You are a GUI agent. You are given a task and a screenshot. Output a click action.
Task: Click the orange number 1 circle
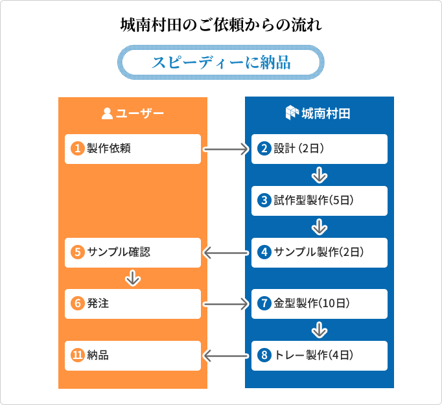(78, 148)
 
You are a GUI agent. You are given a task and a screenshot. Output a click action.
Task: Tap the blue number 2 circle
(264, 148)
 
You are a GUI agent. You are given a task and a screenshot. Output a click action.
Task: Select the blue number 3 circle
(264, 200)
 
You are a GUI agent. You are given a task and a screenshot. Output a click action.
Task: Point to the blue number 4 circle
(264, 252)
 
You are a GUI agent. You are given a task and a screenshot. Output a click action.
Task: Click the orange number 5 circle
(78, 252)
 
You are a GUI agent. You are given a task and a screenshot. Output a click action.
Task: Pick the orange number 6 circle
(78, 303)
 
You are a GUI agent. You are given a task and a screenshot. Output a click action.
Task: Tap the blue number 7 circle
(264, 303)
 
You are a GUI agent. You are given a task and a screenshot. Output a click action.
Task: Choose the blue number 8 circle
(264, 355)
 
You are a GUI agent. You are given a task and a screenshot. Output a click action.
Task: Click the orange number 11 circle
(78, 355)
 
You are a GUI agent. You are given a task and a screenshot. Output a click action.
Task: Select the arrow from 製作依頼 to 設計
(226, 150)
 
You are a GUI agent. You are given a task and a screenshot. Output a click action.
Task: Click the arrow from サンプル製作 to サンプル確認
(226, 253)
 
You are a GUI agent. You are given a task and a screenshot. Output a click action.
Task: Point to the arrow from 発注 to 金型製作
(226, 305)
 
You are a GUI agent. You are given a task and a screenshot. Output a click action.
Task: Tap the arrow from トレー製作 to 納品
(226, 356)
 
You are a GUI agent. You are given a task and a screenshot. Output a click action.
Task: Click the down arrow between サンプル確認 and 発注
(133, 278)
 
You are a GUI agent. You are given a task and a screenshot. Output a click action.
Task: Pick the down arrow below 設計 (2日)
(320, 175)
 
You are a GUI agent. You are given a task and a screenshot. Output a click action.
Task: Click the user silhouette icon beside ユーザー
(107, 113)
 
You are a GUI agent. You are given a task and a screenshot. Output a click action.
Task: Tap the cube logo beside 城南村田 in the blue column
(292, 113)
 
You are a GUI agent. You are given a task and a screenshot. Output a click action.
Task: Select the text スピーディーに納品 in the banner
(221, 62)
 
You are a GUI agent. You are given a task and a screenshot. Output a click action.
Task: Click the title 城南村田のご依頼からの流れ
(221, 25)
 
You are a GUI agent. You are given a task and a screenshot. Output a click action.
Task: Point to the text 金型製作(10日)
(312, 303)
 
